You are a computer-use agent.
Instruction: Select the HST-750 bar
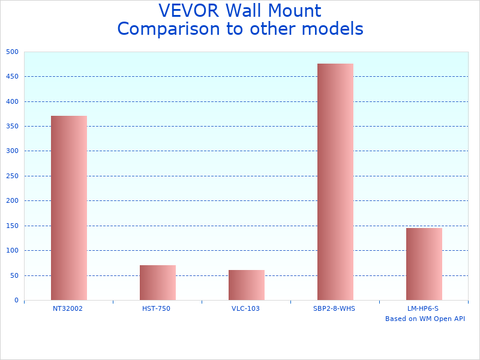tap(157, 283)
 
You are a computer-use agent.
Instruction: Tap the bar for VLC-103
tap(246, 285)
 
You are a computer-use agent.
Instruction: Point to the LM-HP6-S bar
tap(424, 264)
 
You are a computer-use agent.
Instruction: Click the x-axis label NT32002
tap(68, 308)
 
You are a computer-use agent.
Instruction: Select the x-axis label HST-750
tap(157, 308)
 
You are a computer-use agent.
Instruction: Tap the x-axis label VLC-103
tap(245, 308)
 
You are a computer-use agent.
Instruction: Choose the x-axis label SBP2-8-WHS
tap(334, 308)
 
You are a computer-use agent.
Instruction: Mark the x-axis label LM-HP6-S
tap(423, 308)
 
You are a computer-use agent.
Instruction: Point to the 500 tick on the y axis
tap(13, 52)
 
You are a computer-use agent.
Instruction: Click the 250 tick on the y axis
tap(13, 176)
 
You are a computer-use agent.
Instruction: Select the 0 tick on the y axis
tap(16, 300)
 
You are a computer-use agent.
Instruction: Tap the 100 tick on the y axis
tap(13, 250)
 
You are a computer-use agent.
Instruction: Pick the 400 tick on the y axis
tap(13, 101)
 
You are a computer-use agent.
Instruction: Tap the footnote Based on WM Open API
tap(425, 319)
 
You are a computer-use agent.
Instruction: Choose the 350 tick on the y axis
tap(13, 126)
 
